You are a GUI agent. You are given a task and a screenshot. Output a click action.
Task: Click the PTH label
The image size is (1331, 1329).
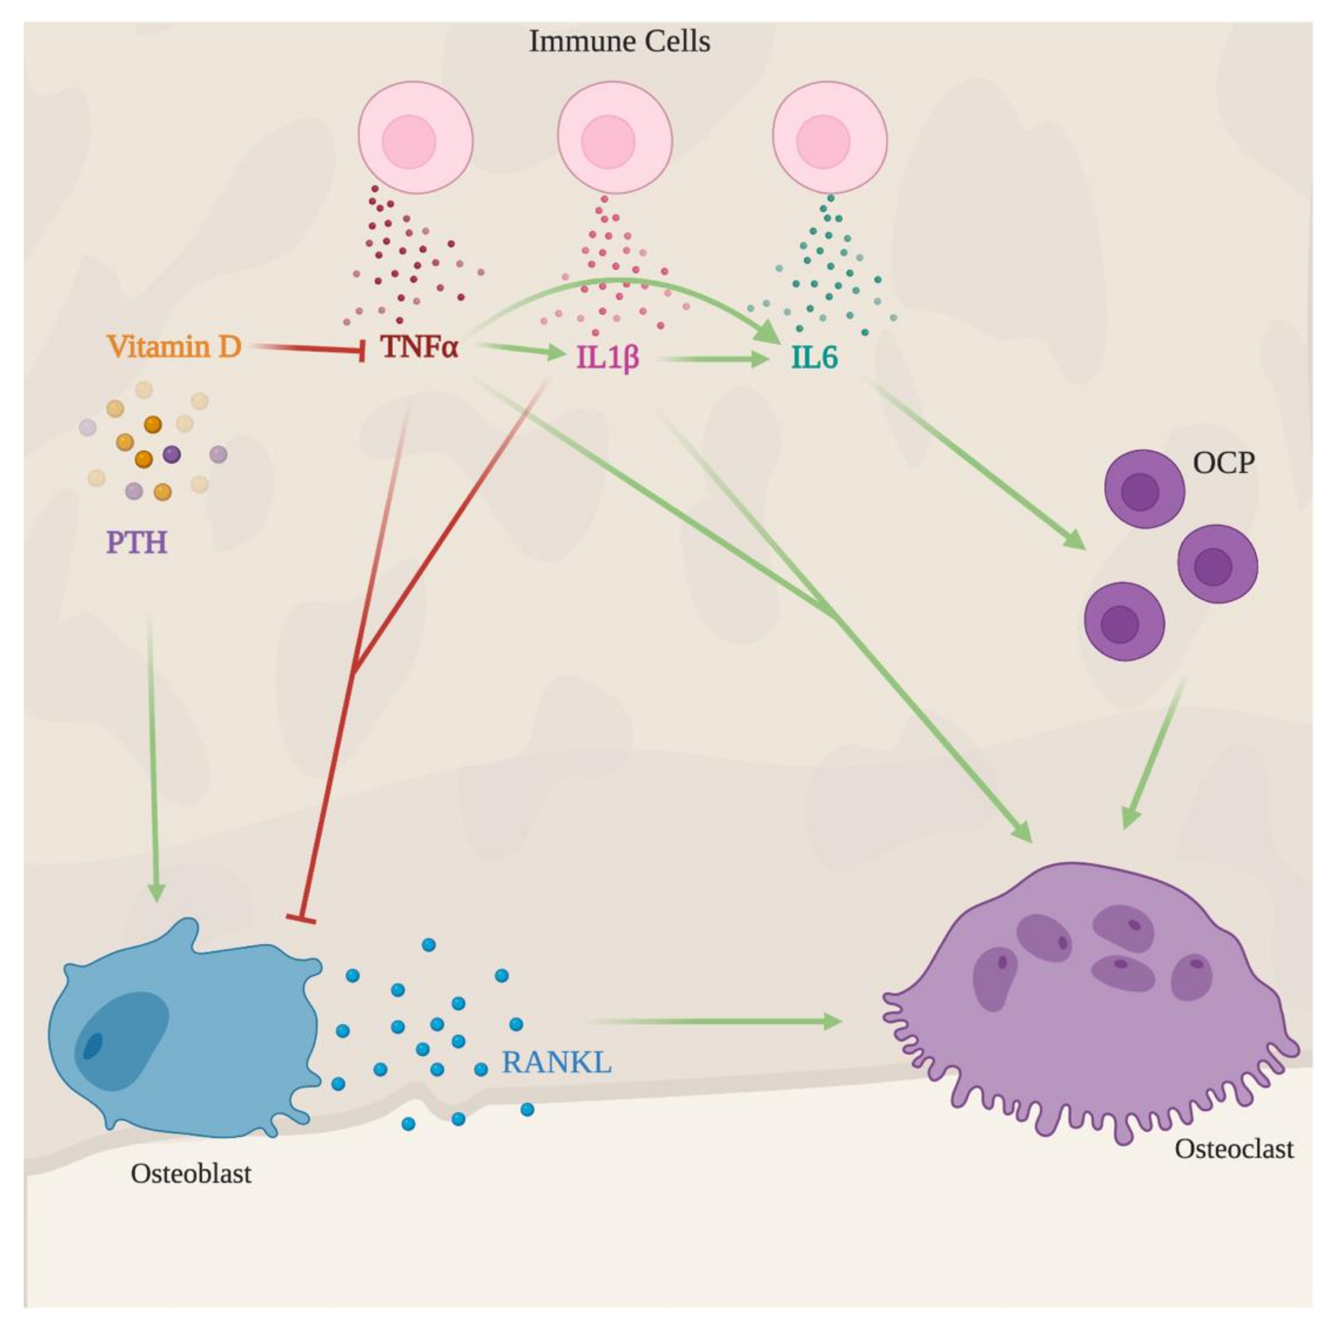(137, 543)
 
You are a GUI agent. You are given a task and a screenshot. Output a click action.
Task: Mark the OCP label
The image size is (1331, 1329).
(1223, 463)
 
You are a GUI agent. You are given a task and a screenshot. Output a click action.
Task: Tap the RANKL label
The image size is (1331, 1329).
(557, 1062)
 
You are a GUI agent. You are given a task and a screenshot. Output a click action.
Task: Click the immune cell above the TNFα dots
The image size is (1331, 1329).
(415, 138)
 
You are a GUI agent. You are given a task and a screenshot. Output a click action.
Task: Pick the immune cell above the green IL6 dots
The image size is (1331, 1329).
(830, 138)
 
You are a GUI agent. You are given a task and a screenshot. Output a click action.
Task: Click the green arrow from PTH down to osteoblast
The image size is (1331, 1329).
(153, 758)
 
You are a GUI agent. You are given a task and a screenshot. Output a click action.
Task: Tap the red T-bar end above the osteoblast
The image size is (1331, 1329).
(301, 918)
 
